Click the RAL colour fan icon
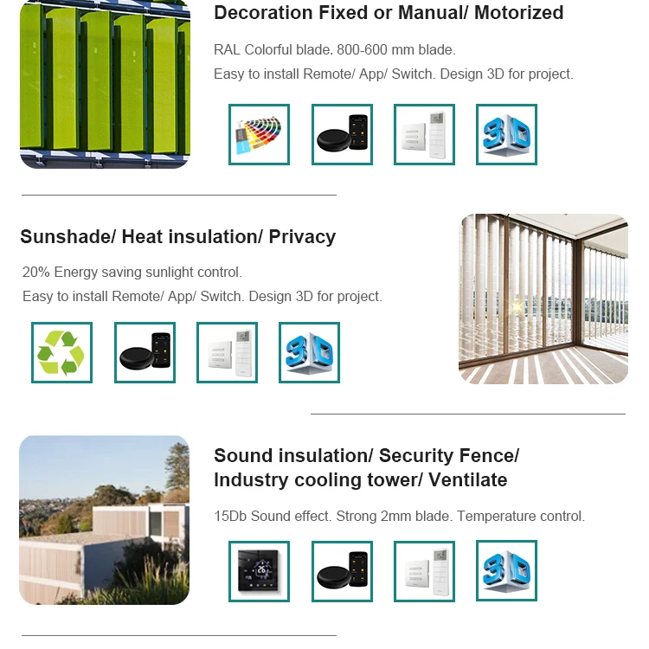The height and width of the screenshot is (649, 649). click(x=259, y=134)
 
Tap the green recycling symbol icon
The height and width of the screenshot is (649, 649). click(x=61, y=352)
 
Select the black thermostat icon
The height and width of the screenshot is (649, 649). click(x=259, y=571)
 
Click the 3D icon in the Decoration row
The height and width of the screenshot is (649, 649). click(x=506, y=134)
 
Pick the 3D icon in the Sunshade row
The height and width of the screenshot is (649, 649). click(x=309, y=352)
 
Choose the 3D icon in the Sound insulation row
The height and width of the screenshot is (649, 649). click(x=506, y=571)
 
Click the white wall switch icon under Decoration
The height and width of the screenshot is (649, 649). click(x=424, y=134)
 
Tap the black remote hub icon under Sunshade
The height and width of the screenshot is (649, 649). click(x=145, y=352)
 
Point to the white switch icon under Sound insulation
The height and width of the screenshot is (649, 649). click(x=424, y=571)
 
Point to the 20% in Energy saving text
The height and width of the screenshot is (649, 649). click(x=36, y=273)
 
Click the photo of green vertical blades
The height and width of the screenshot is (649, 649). click(x=104, y=84)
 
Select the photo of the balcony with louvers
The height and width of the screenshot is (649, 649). click(x=543, y=299)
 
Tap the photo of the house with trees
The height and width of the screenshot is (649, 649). click(x=104, y=519)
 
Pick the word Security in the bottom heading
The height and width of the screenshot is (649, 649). click(x=414, y=456)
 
